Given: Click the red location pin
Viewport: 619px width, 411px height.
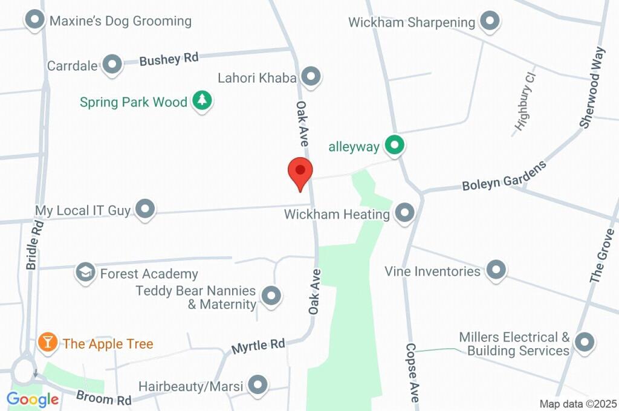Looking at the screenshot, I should click(300, 173).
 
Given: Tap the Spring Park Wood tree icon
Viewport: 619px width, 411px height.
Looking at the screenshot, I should click(203, 101).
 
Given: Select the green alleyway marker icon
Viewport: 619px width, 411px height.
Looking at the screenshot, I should click(395, 145).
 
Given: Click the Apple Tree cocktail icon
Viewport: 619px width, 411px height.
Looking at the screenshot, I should click(47, 343).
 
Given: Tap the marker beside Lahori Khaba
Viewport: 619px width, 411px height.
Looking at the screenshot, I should click(311, 77).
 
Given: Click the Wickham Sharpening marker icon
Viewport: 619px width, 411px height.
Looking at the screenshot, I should click(490, 22).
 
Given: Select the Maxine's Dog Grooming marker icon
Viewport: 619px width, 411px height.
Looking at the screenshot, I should click(35, 21).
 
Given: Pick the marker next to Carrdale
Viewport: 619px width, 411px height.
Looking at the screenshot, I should click(112, 65).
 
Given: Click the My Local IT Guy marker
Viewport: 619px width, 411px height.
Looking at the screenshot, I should click(145, 210).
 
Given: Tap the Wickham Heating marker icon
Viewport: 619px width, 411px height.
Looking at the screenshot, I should click(404, 213).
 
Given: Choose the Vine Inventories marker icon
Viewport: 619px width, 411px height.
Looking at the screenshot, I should click(496, 270).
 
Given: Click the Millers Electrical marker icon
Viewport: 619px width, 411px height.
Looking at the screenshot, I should click(584, 343).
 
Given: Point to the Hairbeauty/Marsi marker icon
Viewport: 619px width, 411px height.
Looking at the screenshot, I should click(258, 384).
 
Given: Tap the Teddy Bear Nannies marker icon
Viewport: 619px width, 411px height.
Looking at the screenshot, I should click(271, 296).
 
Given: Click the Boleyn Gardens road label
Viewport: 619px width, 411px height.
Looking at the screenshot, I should click(504, 176).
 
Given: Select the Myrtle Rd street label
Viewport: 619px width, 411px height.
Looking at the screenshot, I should click(258, 346).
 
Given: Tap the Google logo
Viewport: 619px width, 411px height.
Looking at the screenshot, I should click(33, 399).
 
